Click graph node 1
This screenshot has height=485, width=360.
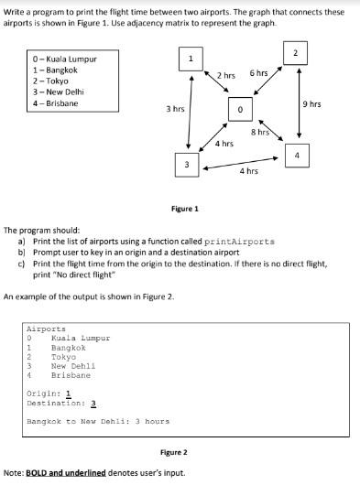tap(189, 60)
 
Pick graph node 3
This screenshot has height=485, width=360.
tap(186, 164)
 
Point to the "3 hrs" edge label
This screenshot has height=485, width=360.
tap(176, 109)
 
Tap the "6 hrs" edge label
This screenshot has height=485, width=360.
tap(259, 72)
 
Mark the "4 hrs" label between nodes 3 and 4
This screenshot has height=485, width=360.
tap(248, 171)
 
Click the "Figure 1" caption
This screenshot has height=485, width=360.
tap(185, 209)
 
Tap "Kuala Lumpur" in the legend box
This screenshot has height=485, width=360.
tap(70, 59)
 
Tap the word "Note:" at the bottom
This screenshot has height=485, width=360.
tap(15, 472)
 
